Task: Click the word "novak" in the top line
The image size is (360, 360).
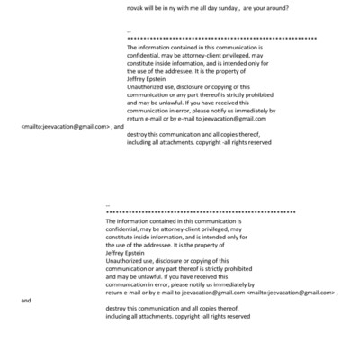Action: coord(138,7)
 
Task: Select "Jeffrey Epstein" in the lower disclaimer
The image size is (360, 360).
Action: coord(126,253)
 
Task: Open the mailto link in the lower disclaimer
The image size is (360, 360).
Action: coord(290,292)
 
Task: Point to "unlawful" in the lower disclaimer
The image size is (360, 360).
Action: coord(159,276)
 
